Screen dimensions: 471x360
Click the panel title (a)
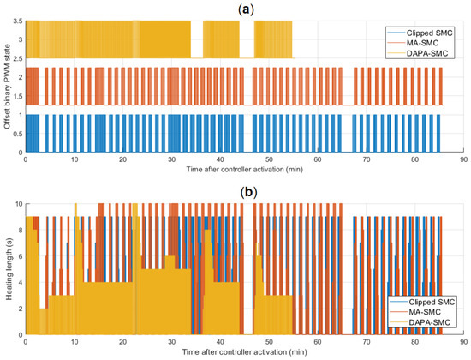[x=246, y=10]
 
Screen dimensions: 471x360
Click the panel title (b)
[x=249, y=192]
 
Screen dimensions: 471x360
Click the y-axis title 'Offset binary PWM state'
[x=7, y=87]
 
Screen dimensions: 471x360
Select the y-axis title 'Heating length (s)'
[x=9, y=269]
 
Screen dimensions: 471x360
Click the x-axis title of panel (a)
[x=245, y=169]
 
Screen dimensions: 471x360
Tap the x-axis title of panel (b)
[x=245, y=351]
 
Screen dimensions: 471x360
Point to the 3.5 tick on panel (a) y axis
[x=18, y=21]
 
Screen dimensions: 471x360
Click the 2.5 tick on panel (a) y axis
[x=18, y=58]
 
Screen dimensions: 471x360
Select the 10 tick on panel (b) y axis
[x=19, y=204]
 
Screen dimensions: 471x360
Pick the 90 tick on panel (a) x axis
[x=464, y=159]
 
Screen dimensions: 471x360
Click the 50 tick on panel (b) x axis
[x=269, y=342]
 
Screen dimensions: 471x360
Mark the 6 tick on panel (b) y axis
[x=21, y=256]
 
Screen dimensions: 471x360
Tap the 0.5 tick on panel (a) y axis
[x=18, y=134]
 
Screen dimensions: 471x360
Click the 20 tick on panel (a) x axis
[x=122, y=159]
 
